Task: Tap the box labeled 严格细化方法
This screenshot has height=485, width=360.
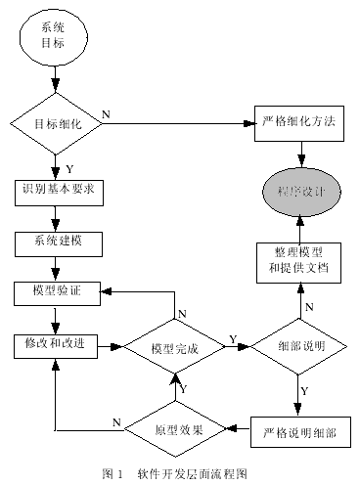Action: [300, 124]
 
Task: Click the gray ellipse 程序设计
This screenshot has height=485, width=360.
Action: [300, 189]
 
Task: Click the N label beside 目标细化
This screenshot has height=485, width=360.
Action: [106, 114]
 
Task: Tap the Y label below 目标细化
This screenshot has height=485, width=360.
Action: [68, 168]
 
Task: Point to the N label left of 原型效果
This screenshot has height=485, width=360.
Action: [115, 421]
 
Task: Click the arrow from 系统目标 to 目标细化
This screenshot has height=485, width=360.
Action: [55, 78]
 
